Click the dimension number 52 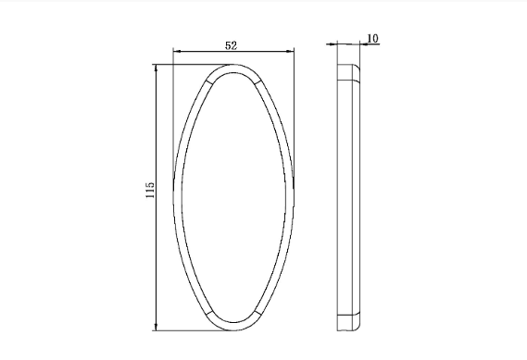(231, 45)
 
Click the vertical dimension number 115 (150, 190)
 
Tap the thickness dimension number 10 (372, 39)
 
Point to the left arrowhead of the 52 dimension (177, 52)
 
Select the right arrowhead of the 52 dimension (290, 52)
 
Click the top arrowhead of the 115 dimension (156, 68)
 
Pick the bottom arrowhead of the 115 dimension (156, 326)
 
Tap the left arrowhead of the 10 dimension (333, 43)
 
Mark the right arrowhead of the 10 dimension (364, 43)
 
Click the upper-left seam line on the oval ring (209, 81)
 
